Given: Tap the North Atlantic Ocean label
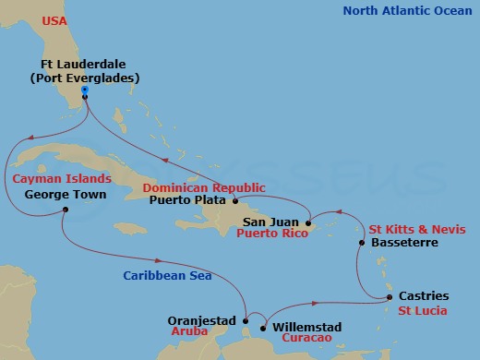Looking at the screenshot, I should click(406, 11).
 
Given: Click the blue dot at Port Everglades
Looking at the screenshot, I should click(84, 90).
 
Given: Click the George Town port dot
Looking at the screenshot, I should click(66, 210).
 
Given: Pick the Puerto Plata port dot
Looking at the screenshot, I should click(235, 200).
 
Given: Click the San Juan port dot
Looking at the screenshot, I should click(308, 222).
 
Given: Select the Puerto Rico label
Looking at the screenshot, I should click(270, 234).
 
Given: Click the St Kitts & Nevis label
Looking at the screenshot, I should click(416, 229).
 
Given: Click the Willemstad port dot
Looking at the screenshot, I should click(263, 327).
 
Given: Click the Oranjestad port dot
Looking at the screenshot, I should click(245, 320).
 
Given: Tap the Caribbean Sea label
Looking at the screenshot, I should click(169, 275).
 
